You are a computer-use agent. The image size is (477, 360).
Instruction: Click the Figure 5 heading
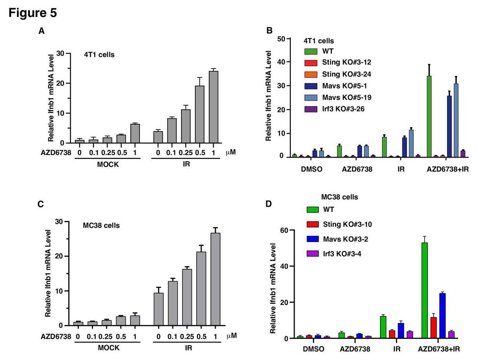pyautogui.click(x=33, y=13)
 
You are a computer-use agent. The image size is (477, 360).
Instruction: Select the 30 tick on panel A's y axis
pyautogui.click(x=60, y=53)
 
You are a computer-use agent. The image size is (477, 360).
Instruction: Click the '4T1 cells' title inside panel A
pyautogui.click(x=99, y=55)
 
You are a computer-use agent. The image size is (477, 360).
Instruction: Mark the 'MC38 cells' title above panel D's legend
pyautogui.click(x=340, y=197)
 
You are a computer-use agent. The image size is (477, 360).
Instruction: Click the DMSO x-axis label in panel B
pyautogui.click(x=312, y=169)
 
